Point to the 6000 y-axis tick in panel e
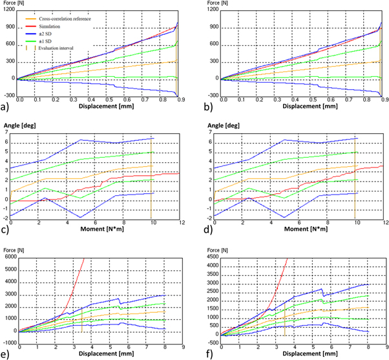click(10, 257)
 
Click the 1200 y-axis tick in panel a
click(9, 12)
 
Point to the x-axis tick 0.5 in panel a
click(109, 101)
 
